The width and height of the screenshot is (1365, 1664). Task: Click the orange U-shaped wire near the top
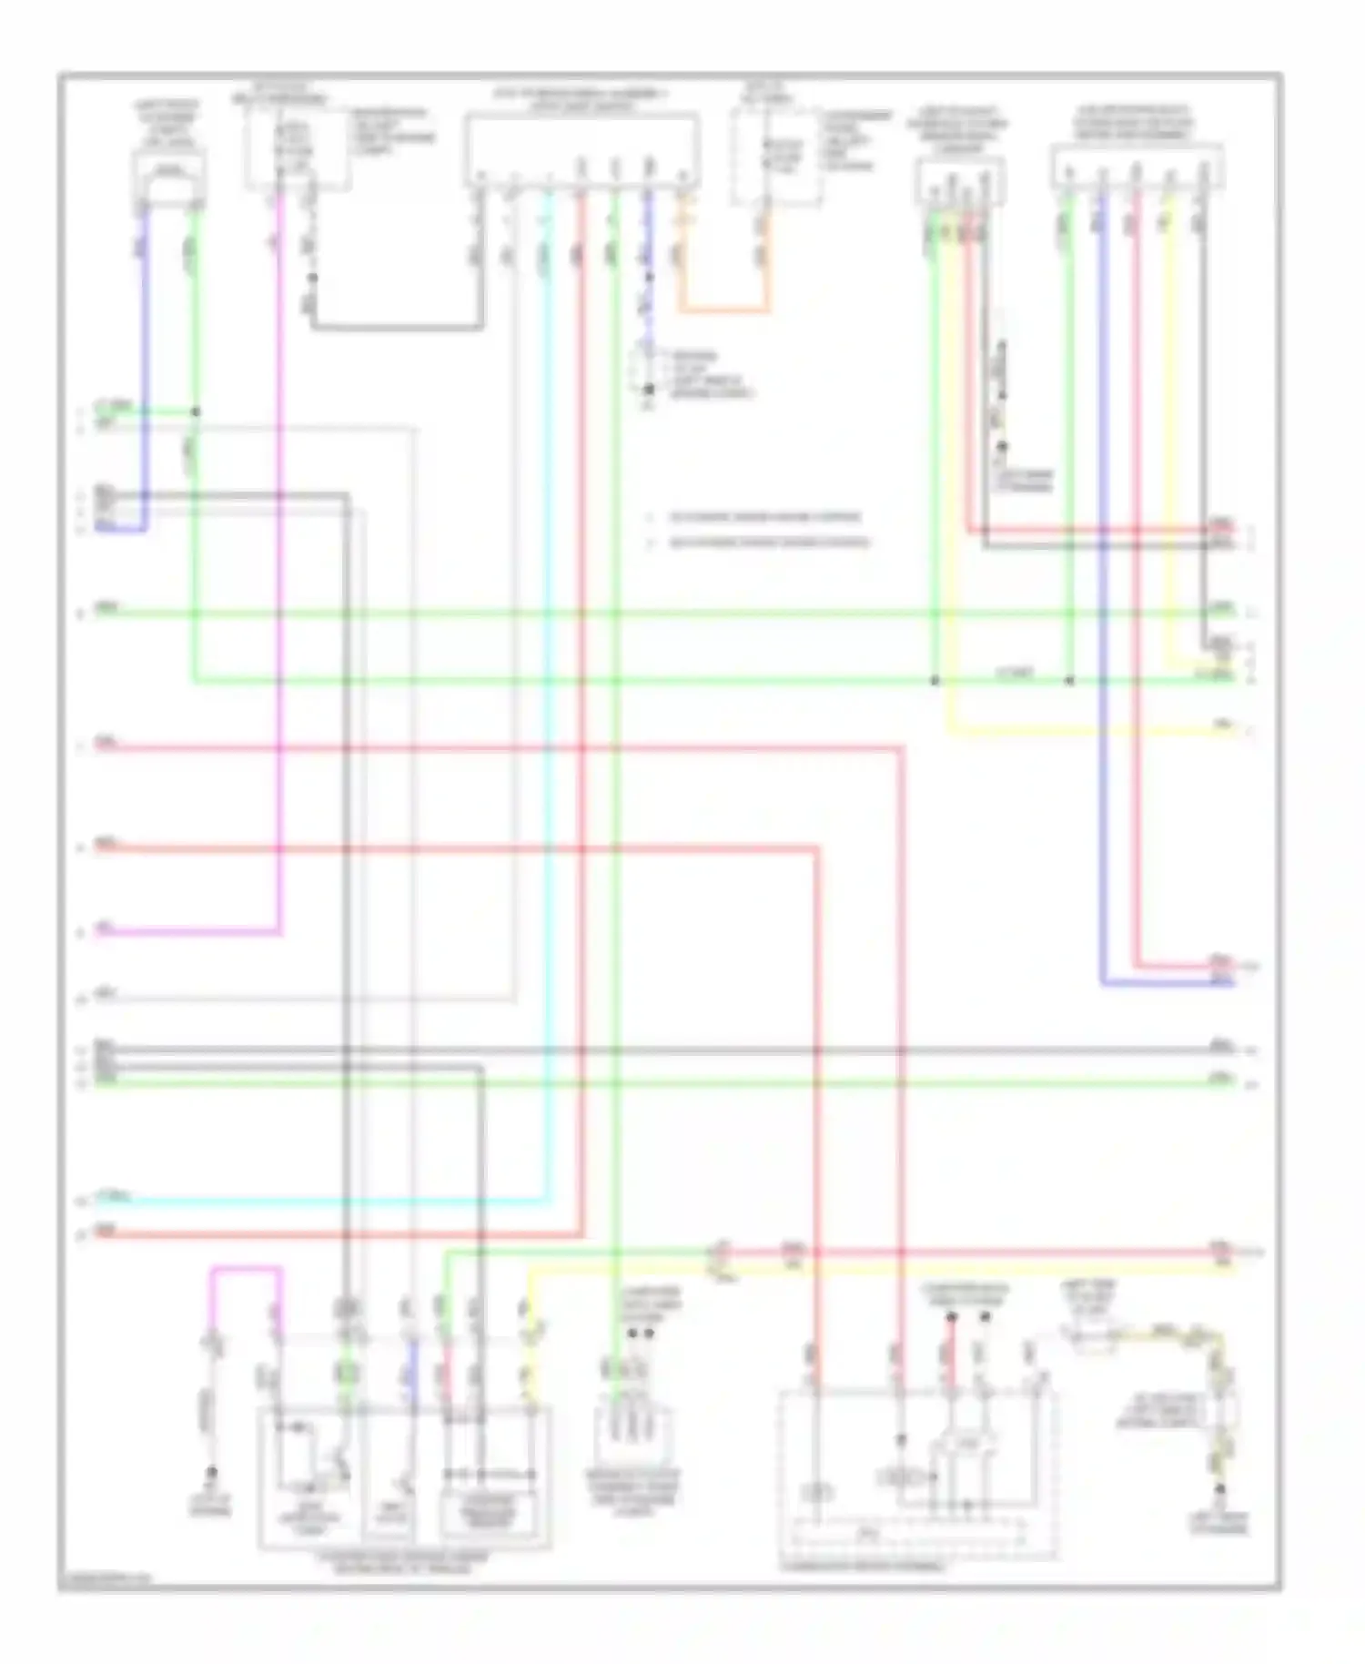tap(723, 310)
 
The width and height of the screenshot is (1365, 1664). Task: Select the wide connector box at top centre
tap(582, 150)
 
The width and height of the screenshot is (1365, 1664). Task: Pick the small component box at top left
tap(169, 177)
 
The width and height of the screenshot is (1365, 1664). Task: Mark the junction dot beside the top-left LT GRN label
tap(195, 411)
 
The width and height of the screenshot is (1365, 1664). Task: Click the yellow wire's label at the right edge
tap(1221, 725)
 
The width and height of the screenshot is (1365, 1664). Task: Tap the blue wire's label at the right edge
tap(1221, 981)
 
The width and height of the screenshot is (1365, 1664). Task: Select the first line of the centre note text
tap(764, 518)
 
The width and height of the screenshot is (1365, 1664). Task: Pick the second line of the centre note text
tap(770, 543)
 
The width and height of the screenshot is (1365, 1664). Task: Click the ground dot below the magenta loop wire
tap(212, 1471)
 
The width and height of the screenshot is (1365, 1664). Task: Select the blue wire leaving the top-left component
tap(144, 364)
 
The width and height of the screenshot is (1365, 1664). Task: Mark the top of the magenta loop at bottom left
tap(246, 1267)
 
